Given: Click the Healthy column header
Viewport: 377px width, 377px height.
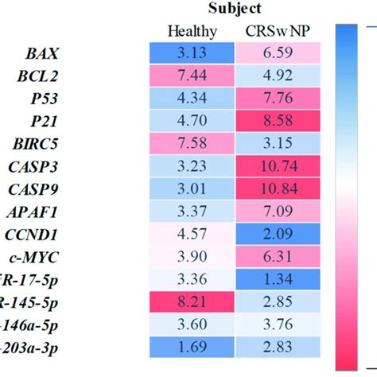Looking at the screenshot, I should [x=191, y=32].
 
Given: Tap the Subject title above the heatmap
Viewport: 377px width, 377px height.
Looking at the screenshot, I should [x=235, y=9].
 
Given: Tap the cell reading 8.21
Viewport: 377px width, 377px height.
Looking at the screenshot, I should [x=191, y=301].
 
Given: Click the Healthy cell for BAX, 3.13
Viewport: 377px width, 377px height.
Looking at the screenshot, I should [x=191, y=55].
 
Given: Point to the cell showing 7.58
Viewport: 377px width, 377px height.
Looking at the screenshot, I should [x=191, y=145].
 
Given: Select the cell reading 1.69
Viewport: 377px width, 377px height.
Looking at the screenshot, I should [x=191, y=346].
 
